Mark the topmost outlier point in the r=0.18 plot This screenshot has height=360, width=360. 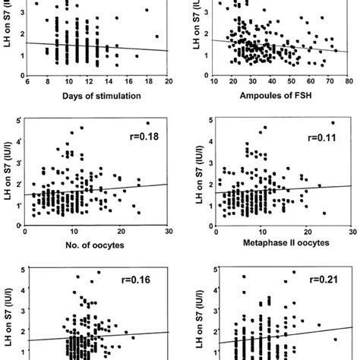click(x=147, y=123)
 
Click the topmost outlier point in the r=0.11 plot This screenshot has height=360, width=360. click(x=332, y=123)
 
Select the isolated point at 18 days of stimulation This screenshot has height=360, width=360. click(x=156, y=36)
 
